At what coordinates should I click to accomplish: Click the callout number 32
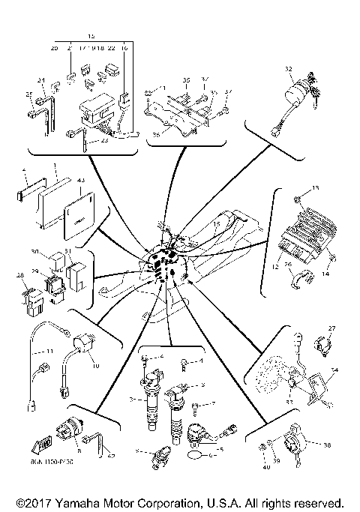pos(287,70)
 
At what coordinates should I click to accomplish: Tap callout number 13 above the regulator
pos(316,187)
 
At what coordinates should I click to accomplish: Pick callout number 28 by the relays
pos(21,277)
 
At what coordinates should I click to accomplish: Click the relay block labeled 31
pos(75,268)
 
